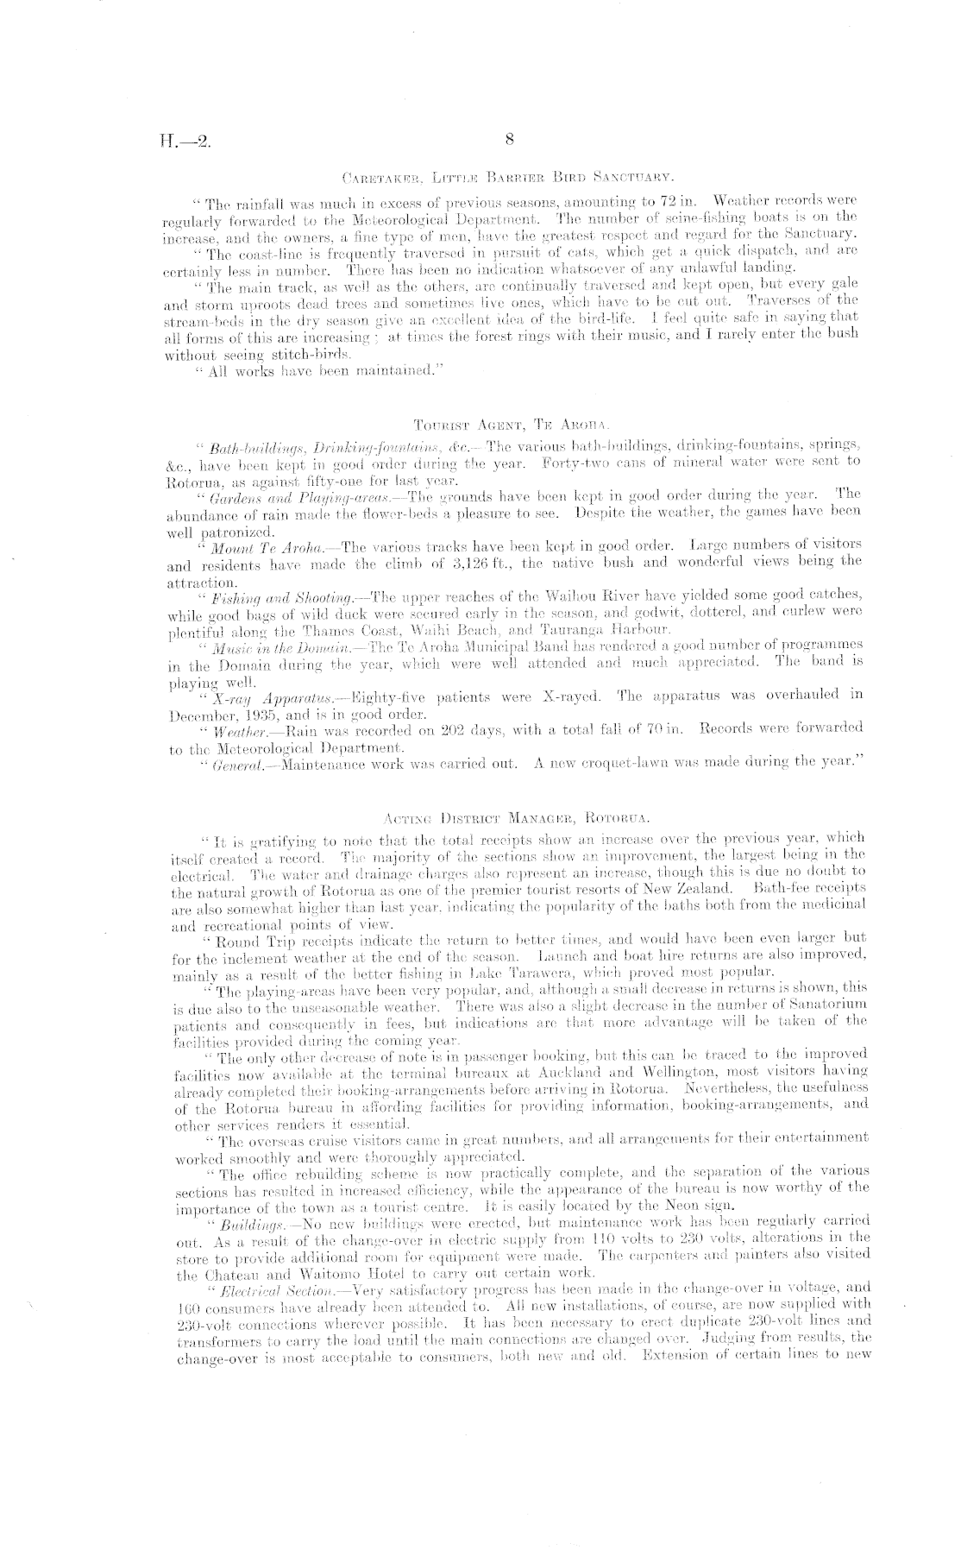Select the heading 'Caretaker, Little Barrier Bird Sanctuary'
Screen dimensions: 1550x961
click(508, 179)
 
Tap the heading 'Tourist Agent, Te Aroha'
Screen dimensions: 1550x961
click(511, 425)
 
